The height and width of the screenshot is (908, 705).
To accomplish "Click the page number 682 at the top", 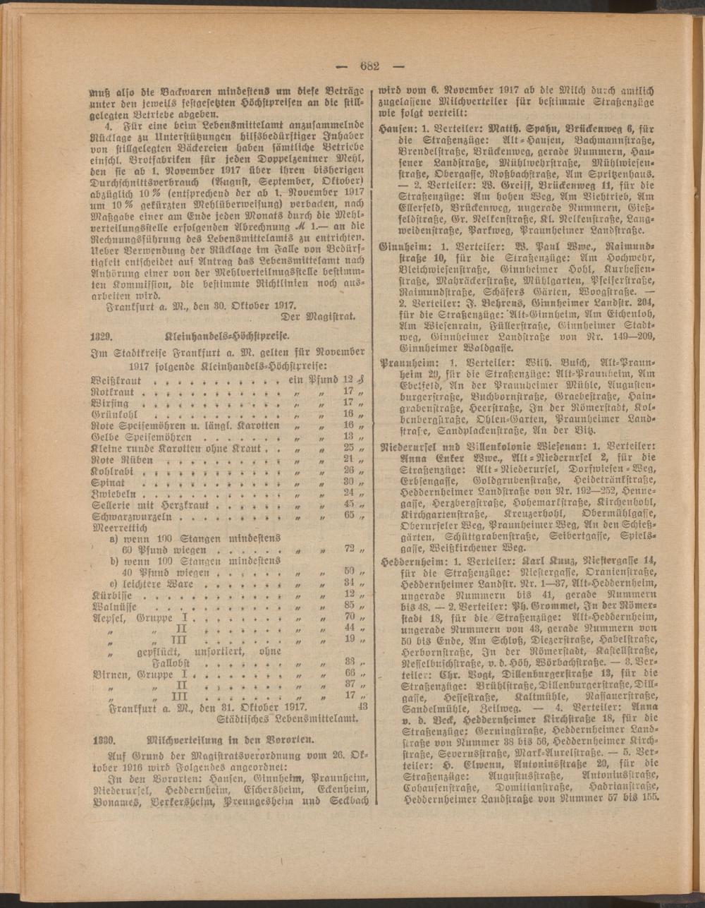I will [x=369, y=67].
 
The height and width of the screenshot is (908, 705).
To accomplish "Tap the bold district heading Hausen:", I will [x=396, y=129].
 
